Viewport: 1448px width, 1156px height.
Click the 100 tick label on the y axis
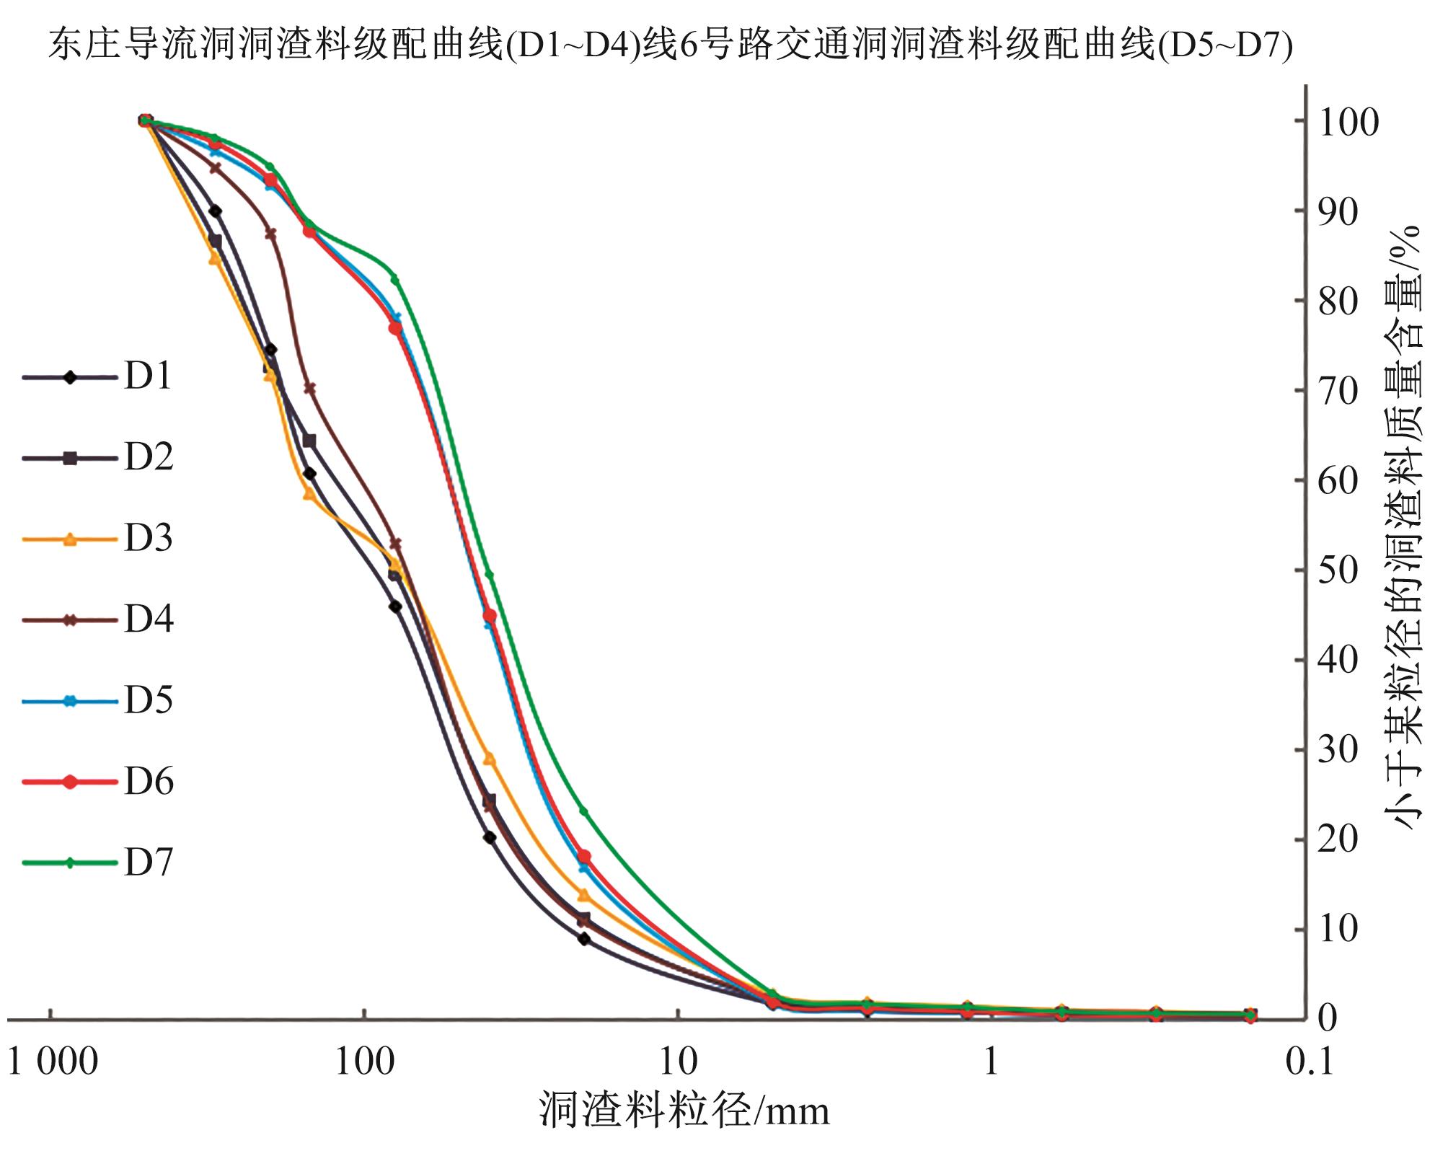click(1348, 123)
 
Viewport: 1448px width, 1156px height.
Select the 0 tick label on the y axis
click(1328, 1019)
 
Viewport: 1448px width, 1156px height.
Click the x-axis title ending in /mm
click(684, 1111)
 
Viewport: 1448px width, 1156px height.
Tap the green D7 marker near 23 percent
click(583, 811)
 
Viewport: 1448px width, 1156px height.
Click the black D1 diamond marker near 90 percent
click(215, 211)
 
